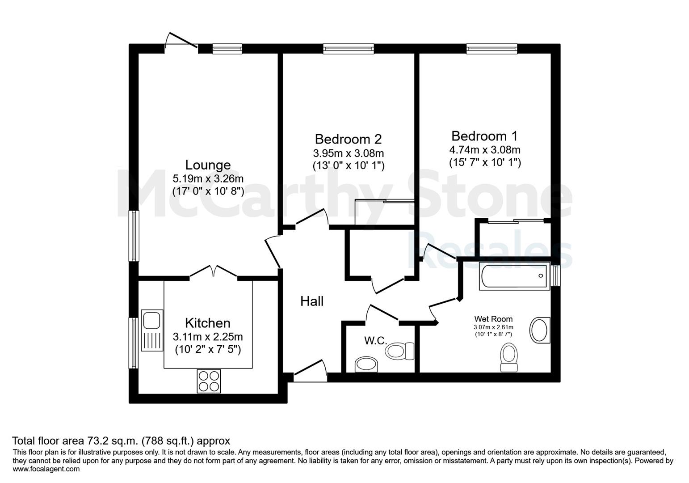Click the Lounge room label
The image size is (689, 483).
tap(208, 165)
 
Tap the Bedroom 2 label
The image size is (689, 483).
tap(348, 139)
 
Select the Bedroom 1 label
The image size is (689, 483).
tap(484, 136)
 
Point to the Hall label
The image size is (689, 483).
tap(311, 301)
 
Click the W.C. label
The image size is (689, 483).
tap(376, 340)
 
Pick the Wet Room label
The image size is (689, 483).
tap(493, 319)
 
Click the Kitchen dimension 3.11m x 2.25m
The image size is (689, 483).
tap(208, 337)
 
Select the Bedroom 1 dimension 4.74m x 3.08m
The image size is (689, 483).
tap(485, 150)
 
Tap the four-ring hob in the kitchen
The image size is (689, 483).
tap(209, 381)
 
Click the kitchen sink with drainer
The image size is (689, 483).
tap(152, 330)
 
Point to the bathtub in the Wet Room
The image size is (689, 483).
tap(515, 276)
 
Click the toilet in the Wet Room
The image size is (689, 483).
tap(509, 357)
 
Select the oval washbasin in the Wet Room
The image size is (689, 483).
tap(540, 330)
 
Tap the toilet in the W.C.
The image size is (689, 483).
tap(399, 351)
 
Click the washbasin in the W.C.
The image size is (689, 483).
tap(366, 365)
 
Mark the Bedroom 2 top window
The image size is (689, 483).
tap(349, 49)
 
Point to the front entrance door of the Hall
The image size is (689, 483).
tap(310, 371)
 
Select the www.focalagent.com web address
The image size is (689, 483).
tap(46, 469)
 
